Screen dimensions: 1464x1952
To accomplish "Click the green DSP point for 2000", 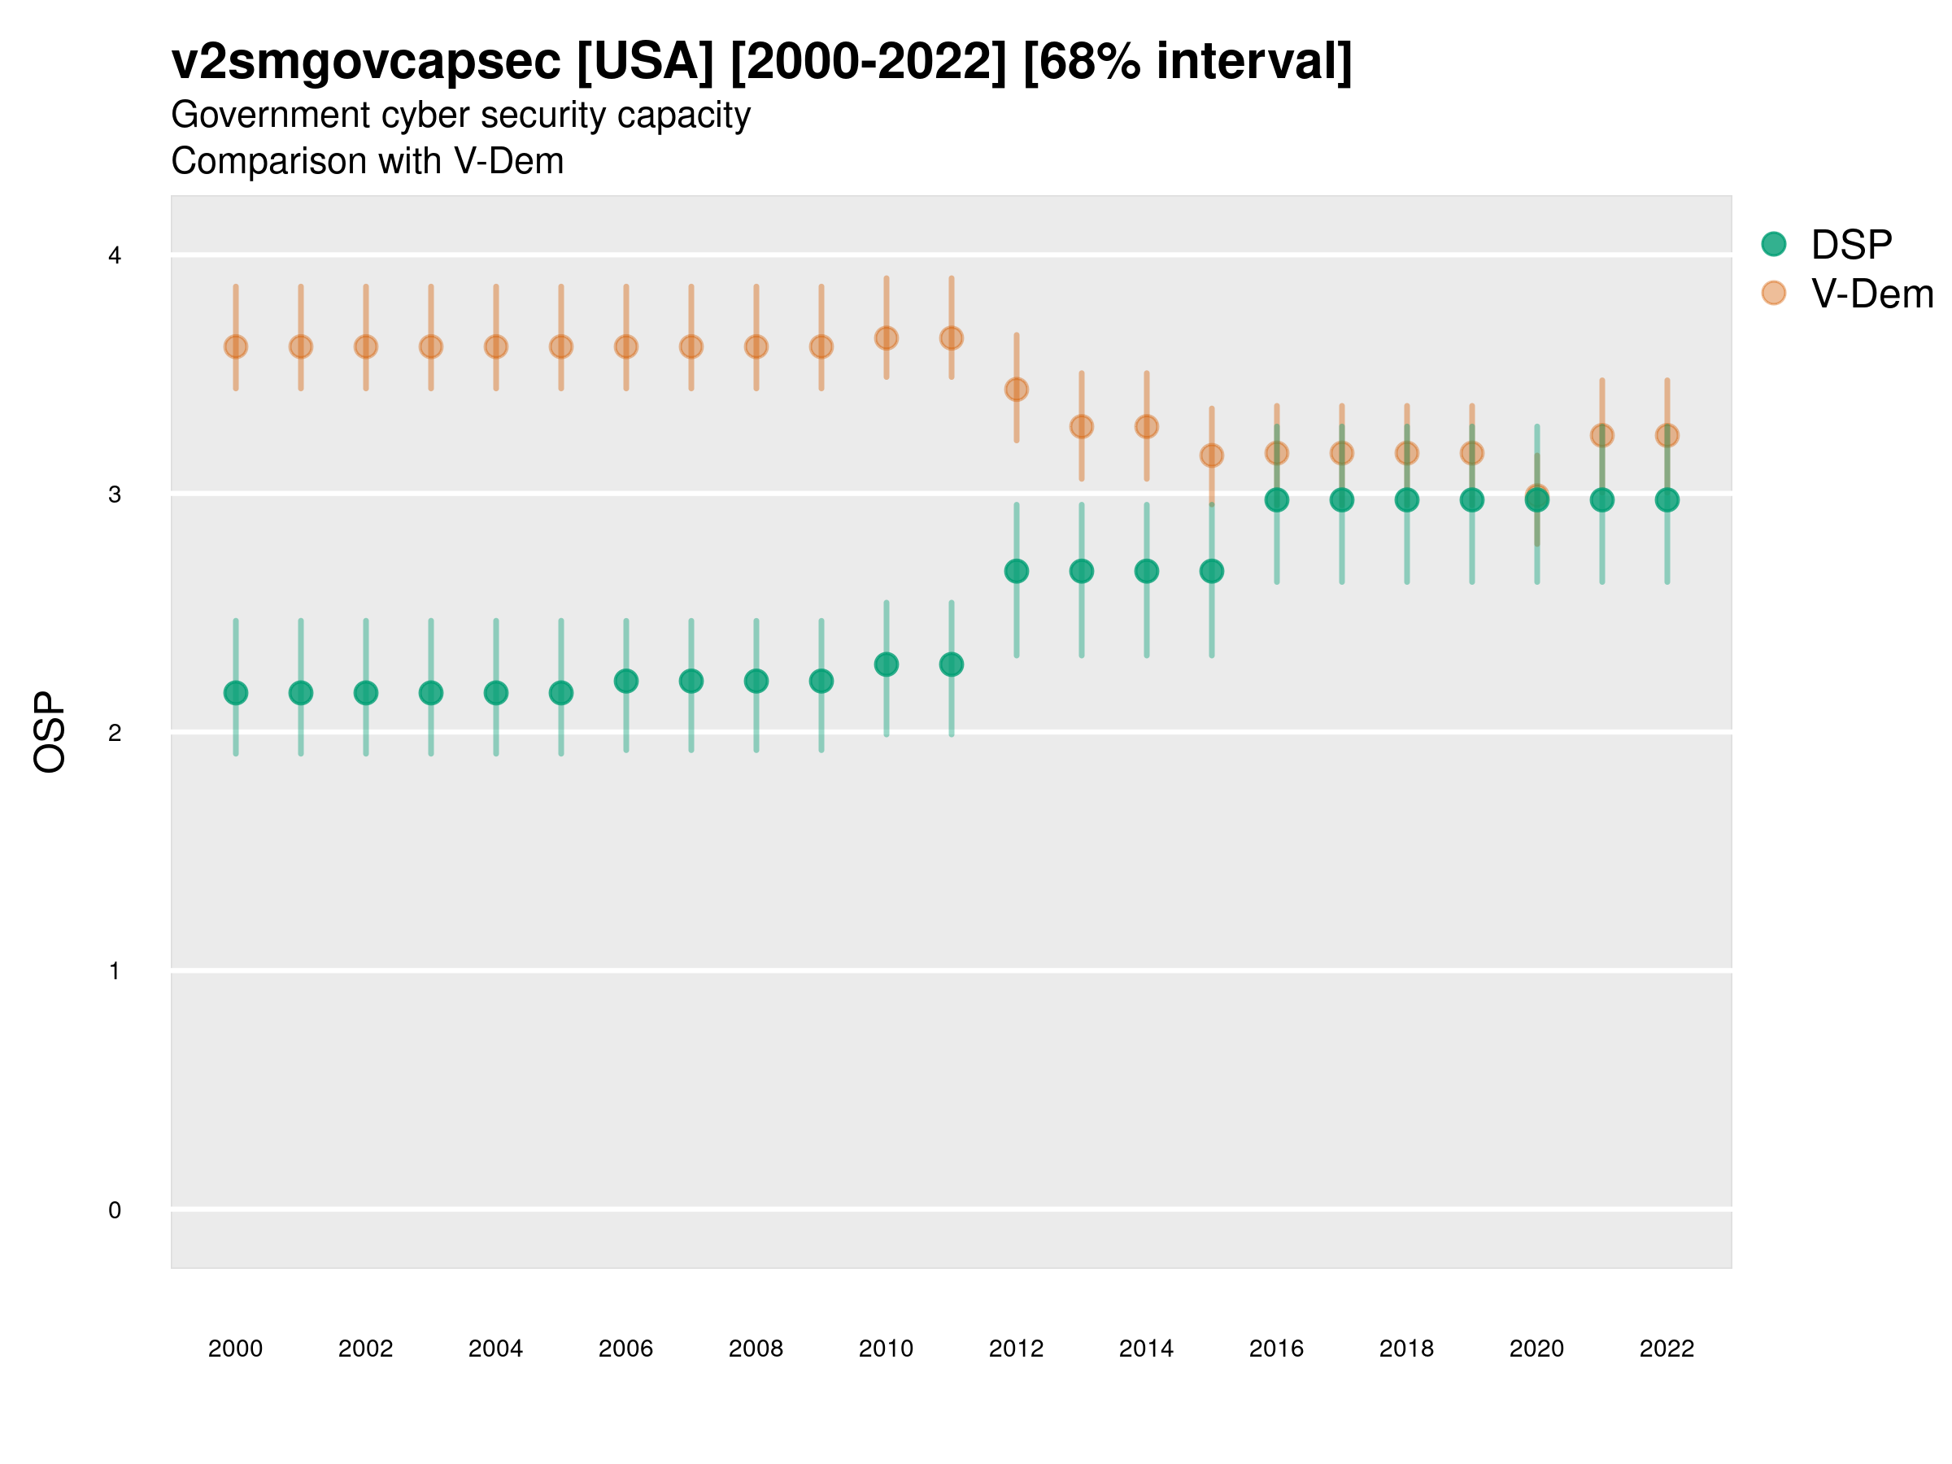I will click(236, 693).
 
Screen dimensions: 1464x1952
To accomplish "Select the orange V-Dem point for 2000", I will click(236, 346).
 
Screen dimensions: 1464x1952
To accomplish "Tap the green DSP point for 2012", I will click(1017, 571).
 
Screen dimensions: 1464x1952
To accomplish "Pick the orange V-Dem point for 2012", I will click(1017, 389).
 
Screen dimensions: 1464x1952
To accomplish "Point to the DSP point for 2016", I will click(1277, 499).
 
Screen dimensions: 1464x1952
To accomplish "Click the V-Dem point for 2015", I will click(1212, 455).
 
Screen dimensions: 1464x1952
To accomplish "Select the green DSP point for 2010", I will click(886, 664).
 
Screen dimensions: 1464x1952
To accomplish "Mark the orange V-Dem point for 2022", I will click(1667, 435).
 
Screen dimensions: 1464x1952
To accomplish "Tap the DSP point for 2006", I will click(625, 682).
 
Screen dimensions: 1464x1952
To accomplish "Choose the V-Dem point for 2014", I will click(1146, 427).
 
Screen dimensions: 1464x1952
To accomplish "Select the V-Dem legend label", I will click(1871, 294).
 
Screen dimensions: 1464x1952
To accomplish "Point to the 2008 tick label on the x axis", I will click(756, 1349).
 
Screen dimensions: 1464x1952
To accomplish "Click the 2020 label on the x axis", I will click(1536, 1349).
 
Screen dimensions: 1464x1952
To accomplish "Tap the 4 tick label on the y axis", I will click(115, 256).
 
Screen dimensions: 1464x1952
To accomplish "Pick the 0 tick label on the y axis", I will click(115, 1210).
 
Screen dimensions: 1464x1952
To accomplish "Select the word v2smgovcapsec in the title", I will click(365, 62).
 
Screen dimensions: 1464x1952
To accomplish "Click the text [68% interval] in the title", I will click(1187, 62).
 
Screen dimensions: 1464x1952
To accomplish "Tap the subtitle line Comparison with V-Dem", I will click(367, 162).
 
